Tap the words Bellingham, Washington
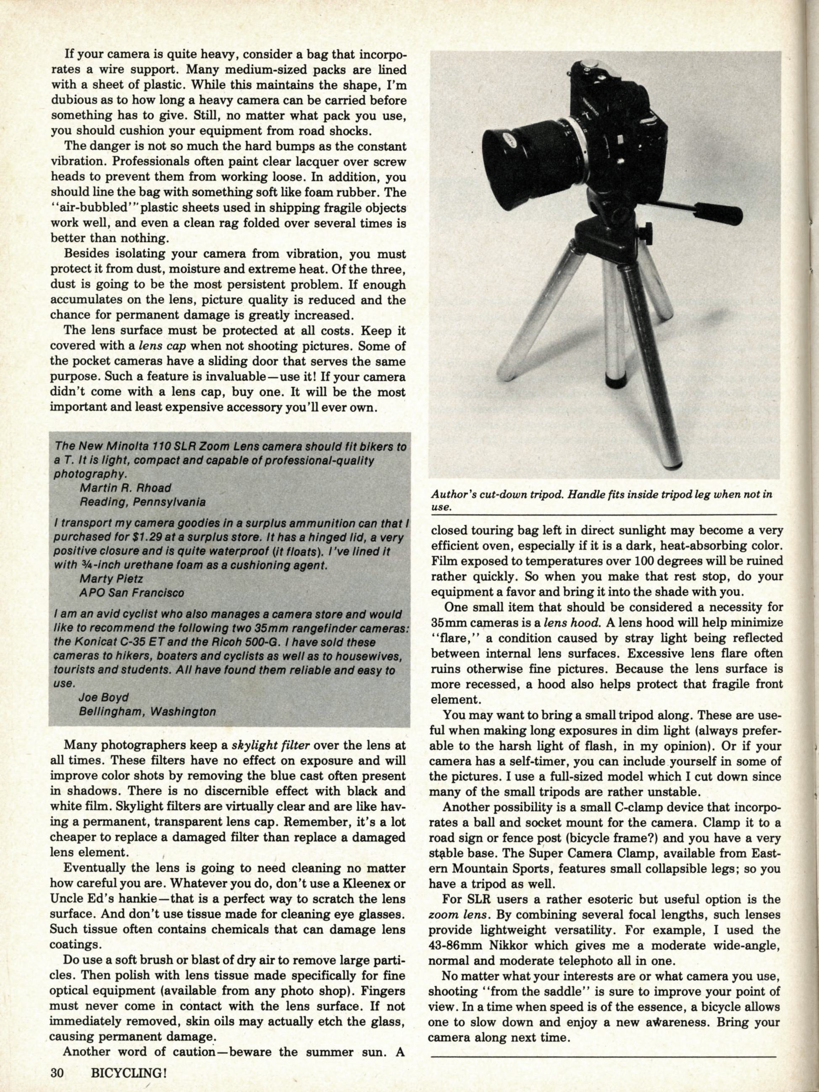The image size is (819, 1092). coord(147,712)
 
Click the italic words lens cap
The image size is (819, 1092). coord(165,346)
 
